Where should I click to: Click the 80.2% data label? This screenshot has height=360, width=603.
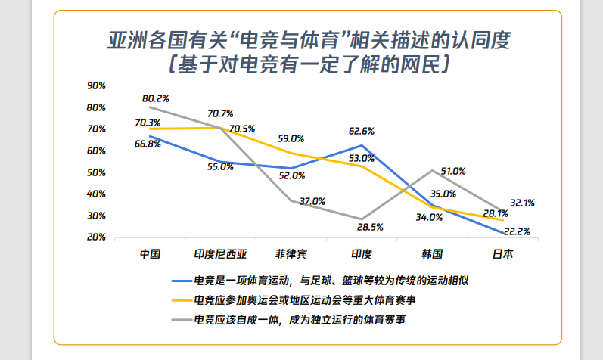click(x=155, y=98)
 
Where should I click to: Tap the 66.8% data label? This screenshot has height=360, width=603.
click(x=148, y=144)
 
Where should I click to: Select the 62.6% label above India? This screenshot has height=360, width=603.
click(x=362, y=131)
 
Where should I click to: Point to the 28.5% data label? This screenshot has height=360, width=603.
click(x=370, y=226)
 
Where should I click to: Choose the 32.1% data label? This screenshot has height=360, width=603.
click(x=522, y=203)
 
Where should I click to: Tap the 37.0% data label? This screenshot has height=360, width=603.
click(x=312, y=202)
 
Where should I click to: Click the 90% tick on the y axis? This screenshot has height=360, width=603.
click(x=96, y=85)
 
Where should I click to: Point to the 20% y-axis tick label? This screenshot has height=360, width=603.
click(x=96, y=237)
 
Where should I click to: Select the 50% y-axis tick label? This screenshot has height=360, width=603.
click(x=96, y=172)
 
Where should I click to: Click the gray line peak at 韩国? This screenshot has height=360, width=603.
click(x=432, y=171)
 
